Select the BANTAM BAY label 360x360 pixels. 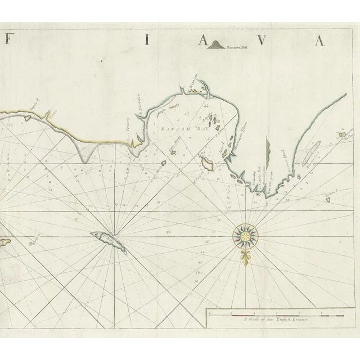[179, 129]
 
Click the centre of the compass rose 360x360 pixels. [244, 236]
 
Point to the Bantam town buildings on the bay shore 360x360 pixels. [195, 89]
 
